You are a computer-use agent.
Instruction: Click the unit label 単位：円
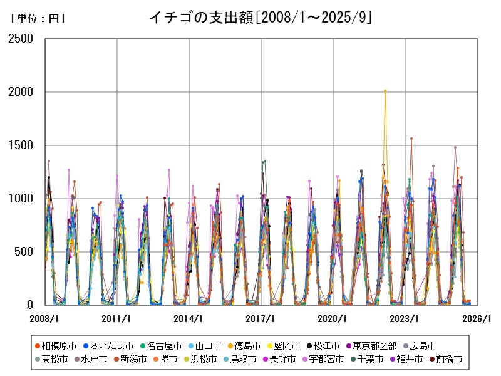38,19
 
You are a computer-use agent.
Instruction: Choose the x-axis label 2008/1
45,318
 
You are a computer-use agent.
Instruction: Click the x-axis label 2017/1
261,318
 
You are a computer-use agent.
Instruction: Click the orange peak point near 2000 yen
385,91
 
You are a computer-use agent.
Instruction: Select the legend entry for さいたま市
108,345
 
